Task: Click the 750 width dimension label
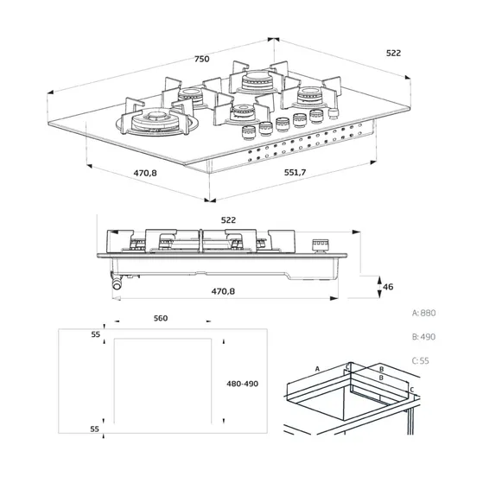[202, 59]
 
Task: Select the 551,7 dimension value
[296, 172]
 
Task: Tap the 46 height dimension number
[388, 287]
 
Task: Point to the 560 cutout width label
[161, 318]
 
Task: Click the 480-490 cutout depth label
[243, 384]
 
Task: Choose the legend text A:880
[424, 313]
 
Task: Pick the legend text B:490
[424, 337]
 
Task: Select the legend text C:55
[421, 360]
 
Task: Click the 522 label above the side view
[228, 220]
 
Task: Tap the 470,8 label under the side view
[223, 291]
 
